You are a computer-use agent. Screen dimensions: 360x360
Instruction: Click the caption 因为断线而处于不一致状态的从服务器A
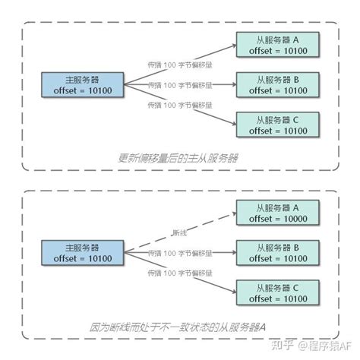click(x=180, y=327)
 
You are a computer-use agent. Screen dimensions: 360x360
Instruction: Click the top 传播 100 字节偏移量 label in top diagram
click(x=180, y=65)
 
